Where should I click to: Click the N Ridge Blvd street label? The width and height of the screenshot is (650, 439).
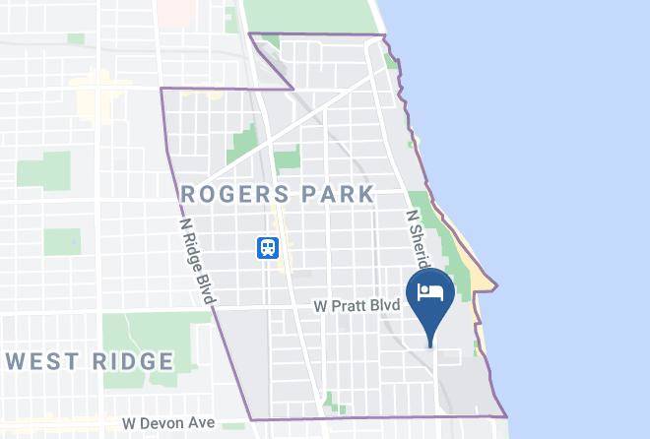(197, 260)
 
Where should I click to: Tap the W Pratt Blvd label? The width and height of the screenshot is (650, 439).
(357, 306)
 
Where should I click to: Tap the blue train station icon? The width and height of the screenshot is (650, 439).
(267, 248)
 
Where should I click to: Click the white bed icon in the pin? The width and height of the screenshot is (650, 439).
(429, 292)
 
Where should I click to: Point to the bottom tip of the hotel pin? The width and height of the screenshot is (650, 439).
(429, 345)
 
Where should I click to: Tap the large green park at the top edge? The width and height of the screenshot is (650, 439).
(305, 15)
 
